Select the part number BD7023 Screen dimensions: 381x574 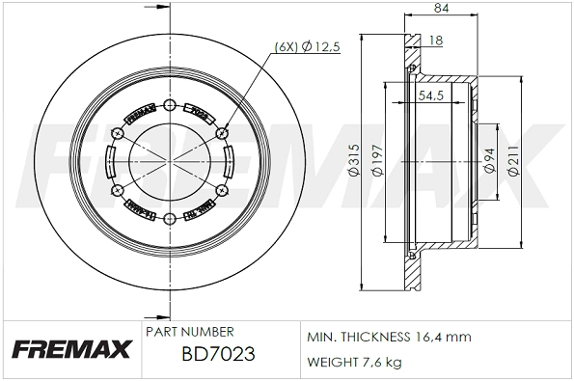217,354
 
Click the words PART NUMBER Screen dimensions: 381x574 190,331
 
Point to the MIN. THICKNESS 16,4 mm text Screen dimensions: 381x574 388,337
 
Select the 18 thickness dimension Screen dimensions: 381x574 436,40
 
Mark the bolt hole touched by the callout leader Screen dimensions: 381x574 222,133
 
